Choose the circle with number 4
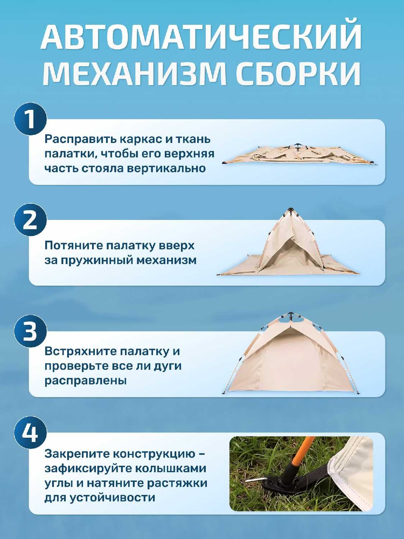[x=31, y=433]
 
